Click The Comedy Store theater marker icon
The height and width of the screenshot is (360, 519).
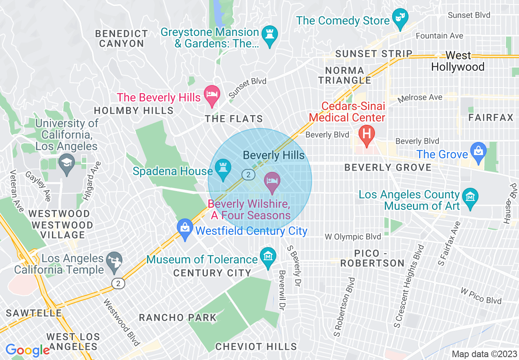tap(400, 18)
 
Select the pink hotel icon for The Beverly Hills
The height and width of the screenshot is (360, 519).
tap(212, 94)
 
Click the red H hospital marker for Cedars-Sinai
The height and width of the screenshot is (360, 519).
tap(367, 134)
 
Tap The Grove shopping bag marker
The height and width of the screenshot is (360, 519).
tap(478, 151)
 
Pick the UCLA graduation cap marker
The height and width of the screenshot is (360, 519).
tap(67, 162)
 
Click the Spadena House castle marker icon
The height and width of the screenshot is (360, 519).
tap(223, 168)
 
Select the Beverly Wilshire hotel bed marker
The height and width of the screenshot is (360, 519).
tap(273, 181)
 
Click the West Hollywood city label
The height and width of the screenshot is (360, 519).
tap(458, 61)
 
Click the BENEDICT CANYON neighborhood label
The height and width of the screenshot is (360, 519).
tap(121, 38)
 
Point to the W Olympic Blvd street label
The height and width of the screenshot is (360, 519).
tap(352, 236)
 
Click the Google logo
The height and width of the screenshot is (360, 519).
tap(27, 350)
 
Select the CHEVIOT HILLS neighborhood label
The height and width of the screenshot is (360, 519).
tap(256, 347)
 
